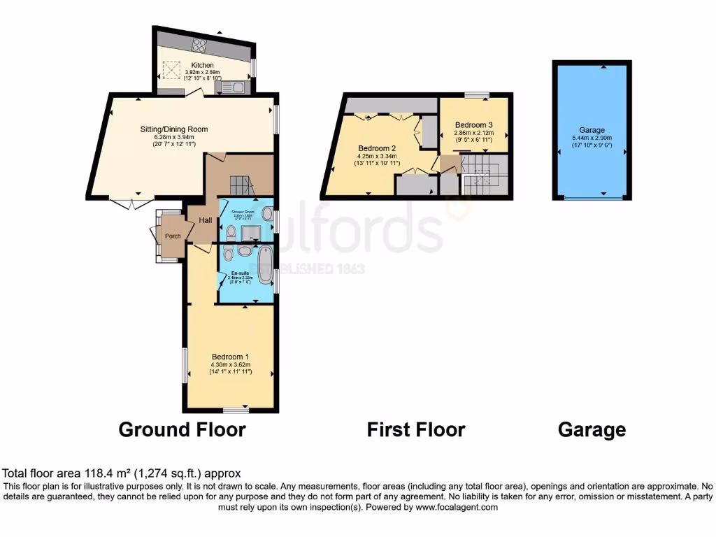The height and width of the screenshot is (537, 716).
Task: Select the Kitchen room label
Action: point(202,65)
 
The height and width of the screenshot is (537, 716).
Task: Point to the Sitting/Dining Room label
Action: point(174,129)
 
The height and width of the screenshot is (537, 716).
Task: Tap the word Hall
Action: point(206,220)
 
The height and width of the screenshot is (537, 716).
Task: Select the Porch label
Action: point(173,236)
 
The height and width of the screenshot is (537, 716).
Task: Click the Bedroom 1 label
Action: point(230,357)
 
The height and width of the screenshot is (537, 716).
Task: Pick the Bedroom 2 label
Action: point(378,148)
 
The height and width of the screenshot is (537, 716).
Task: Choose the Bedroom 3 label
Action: point(473,125)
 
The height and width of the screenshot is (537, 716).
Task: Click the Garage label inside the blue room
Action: point(592,130)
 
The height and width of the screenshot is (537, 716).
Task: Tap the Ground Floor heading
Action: point(182,429)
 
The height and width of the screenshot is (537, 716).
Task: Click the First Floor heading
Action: point(415,429)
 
